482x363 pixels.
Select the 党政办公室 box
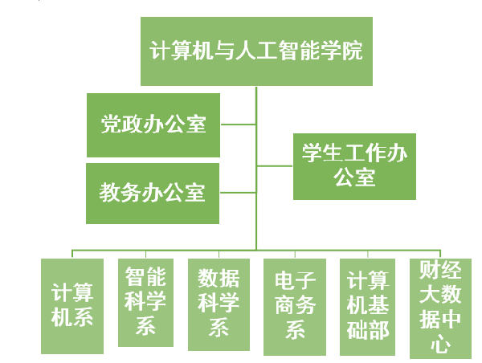153,124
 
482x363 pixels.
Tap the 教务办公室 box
153,193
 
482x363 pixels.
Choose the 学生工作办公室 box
354,166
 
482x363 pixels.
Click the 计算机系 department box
72,305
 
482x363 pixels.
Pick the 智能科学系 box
145,302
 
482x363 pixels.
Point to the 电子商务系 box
295,306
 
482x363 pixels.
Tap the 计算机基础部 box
367,306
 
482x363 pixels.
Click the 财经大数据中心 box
440,308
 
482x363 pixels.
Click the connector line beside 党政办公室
238,124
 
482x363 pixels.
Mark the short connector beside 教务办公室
238,193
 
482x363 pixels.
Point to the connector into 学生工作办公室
275,166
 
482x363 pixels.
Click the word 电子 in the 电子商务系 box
295,283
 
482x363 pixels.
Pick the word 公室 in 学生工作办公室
354,177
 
